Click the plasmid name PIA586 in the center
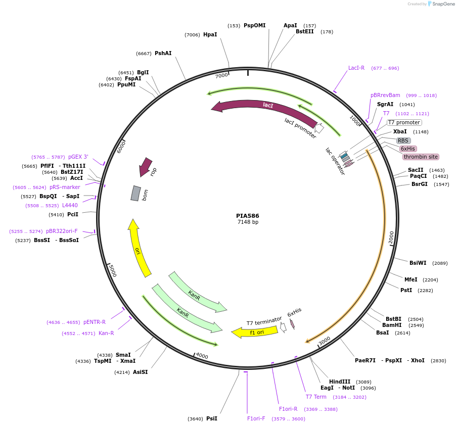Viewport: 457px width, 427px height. (247, 216)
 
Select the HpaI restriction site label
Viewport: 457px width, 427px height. (210, 35)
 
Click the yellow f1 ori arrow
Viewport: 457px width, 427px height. (255, 332)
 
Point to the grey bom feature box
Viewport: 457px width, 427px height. (135, 193)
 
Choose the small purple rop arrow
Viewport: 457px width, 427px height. (146, 166)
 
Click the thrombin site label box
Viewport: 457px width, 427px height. (420, 157)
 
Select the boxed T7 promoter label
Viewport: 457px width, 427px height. (404, 122)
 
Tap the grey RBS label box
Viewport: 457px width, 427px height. (403, 141)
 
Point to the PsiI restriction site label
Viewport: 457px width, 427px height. (211, 418)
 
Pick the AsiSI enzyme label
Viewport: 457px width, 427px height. (140, 372)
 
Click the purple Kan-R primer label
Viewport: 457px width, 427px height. (106, 333)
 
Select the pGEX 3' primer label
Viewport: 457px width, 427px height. (78, 157)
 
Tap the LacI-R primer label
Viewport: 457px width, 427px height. (356, 68)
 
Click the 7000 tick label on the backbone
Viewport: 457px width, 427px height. (221, 76)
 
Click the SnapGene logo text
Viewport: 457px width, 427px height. (443, 4)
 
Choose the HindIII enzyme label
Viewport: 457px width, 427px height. (339, 382)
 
